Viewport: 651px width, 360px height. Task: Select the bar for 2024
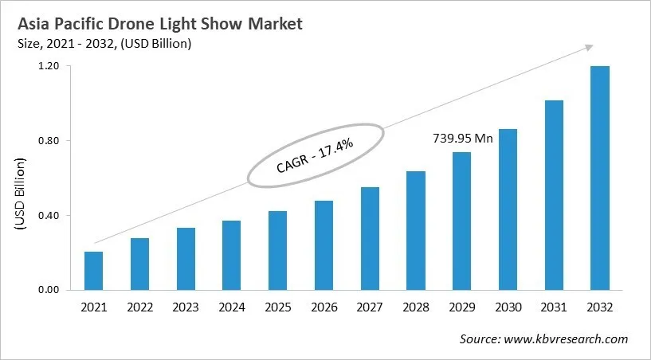tap(231, 255)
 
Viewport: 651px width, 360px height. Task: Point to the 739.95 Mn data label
tap(463, 139)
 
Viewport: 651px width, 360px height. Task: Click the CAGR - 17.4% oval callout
tap(316, 155)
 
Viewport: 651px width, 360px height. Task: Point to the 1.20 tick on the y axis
tap(49, 66)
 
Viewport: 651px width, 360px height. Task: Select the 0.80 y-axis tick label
tap(49, 141)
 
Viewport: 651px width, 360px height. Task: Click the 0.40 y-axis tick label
tap(49, 216)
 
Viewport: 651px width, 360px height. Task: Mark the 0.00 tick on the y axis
tap(49, 290)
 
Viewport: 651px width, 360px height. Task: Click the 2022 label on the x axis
tap(139, 307)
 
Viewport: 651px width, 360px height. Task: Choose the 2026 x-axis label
tap(324, 307)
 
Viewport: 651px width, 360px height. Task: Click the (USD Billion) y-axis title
tap(20, 195)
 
